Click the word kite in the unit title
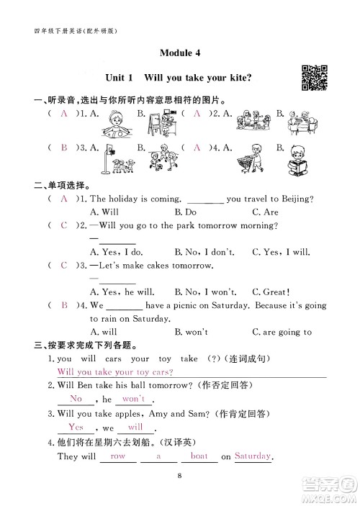pos(247,78)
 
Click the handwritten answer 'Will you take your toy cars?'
pos(114,372)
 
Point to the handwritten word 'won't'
pos(134,399)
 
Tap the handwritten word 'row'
pos(117,456)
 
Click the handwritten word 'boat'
pos(199,456)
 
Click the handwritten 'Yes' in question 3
pos(76,428)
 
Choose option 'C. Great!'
pos(271,292)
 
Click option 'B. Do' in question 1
pos(186,212)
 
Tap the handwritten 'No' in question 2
pos(75,399)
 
